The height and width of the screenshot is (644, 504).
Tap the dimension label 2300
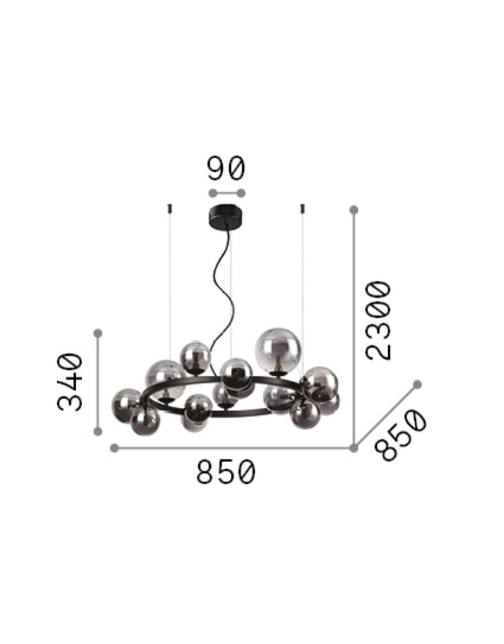[379, 320]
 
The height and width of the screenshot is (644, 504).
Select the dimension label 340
[70, 382]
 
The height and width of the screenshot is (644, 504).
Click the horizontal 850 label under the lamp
[226, 480]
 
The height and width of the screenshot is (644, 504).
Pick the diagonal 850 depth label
[400, 436]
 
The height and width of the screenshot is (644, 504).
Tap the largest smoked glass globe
[278, 351]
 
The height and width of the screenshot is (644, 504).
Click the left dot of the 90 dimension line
[213, 193]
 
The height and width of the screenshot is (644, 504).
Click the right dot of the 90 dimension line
[241, 193]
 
